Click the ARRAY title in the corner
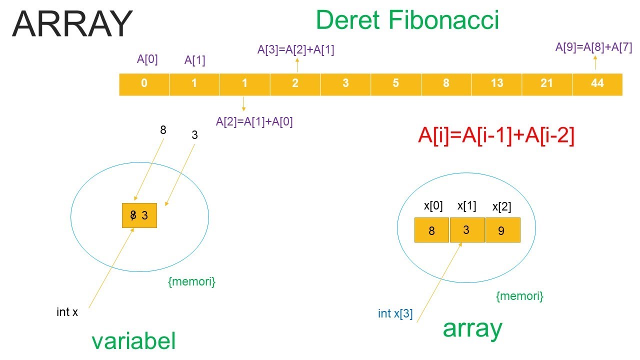[x=72, y=23]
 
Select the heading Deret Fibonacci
[x=407, y=20]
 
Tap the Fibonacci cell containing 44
[x=597, y=84]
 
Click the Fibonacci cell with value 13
[x=496, y=84]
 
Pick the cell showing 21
[x=546, y=84]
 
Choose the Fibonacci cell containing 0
[x=144, y=84]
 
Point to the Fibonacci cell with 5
[x=395, y=84]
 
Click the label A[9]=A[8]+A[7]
[x=594, y=47]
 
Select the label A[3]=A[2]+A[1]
[x=296, y=49]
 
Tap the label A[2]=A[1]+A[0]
[x=254, y=121]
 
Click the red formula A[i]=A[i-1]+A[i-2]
[x=496, y=136]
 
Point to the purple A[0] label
[x=147, y=59]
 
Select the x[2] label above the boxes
[x=501, y=207]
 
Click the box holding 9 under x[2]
[x=503, y=230]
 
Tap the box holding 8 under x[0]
[x=432, y=230]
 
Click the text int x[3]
[x=395, y=314]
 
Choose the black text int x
[x=67, y=312]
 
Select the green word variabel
[x=133, y=341]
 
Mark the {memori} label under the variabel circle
[x=191, y=281]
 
